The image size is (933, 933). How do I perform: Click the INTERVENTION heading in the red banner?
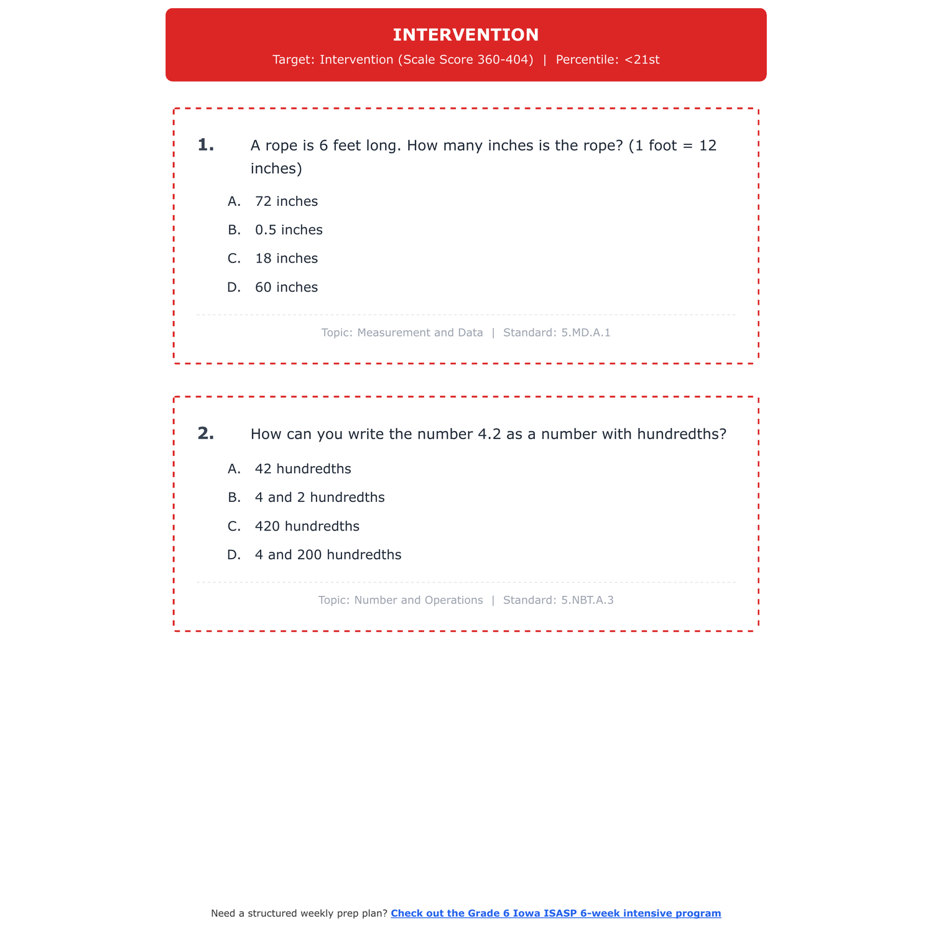(466, 35)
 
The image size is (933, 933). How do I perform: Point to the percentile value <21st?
(642, 60)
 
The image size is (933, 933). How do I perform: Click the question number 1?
(205, 146)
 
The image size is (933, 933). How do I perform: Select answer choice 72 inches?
(286, 202)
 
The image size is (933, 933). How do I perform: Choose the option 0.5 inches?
(289, 230)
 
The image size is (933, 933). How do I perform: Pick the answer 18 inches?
(286, 259)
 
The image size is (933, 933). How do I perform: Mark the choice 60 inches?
(286, 287)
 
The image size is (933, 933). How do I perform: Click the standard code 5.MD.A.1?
(585, 333)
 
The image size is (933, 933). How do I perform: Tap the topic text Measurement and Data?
(420, 333)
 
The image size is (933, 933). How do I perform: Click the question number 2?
(205, 434)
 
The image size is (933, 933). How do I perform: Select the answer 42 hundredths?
(303, 469)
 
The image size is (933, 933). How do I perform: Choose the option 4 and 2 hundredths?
(320, 498)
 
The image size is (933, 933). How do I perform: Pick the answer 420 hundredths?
(307, 526)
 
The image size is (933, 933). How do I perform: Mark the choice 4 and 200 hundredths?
(328, 555)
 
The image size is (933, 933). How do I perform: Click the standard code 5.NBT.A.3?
(587, 600)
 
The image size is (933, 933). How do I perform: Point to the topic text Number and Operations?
(418, 600)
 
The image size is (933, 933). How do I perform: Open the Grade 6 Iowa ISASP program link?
(555, 913)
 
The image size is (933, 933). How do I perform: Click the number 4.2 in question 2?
(489, 434)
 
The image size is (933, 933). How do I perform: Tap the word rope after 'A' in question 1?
(282, 146)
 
